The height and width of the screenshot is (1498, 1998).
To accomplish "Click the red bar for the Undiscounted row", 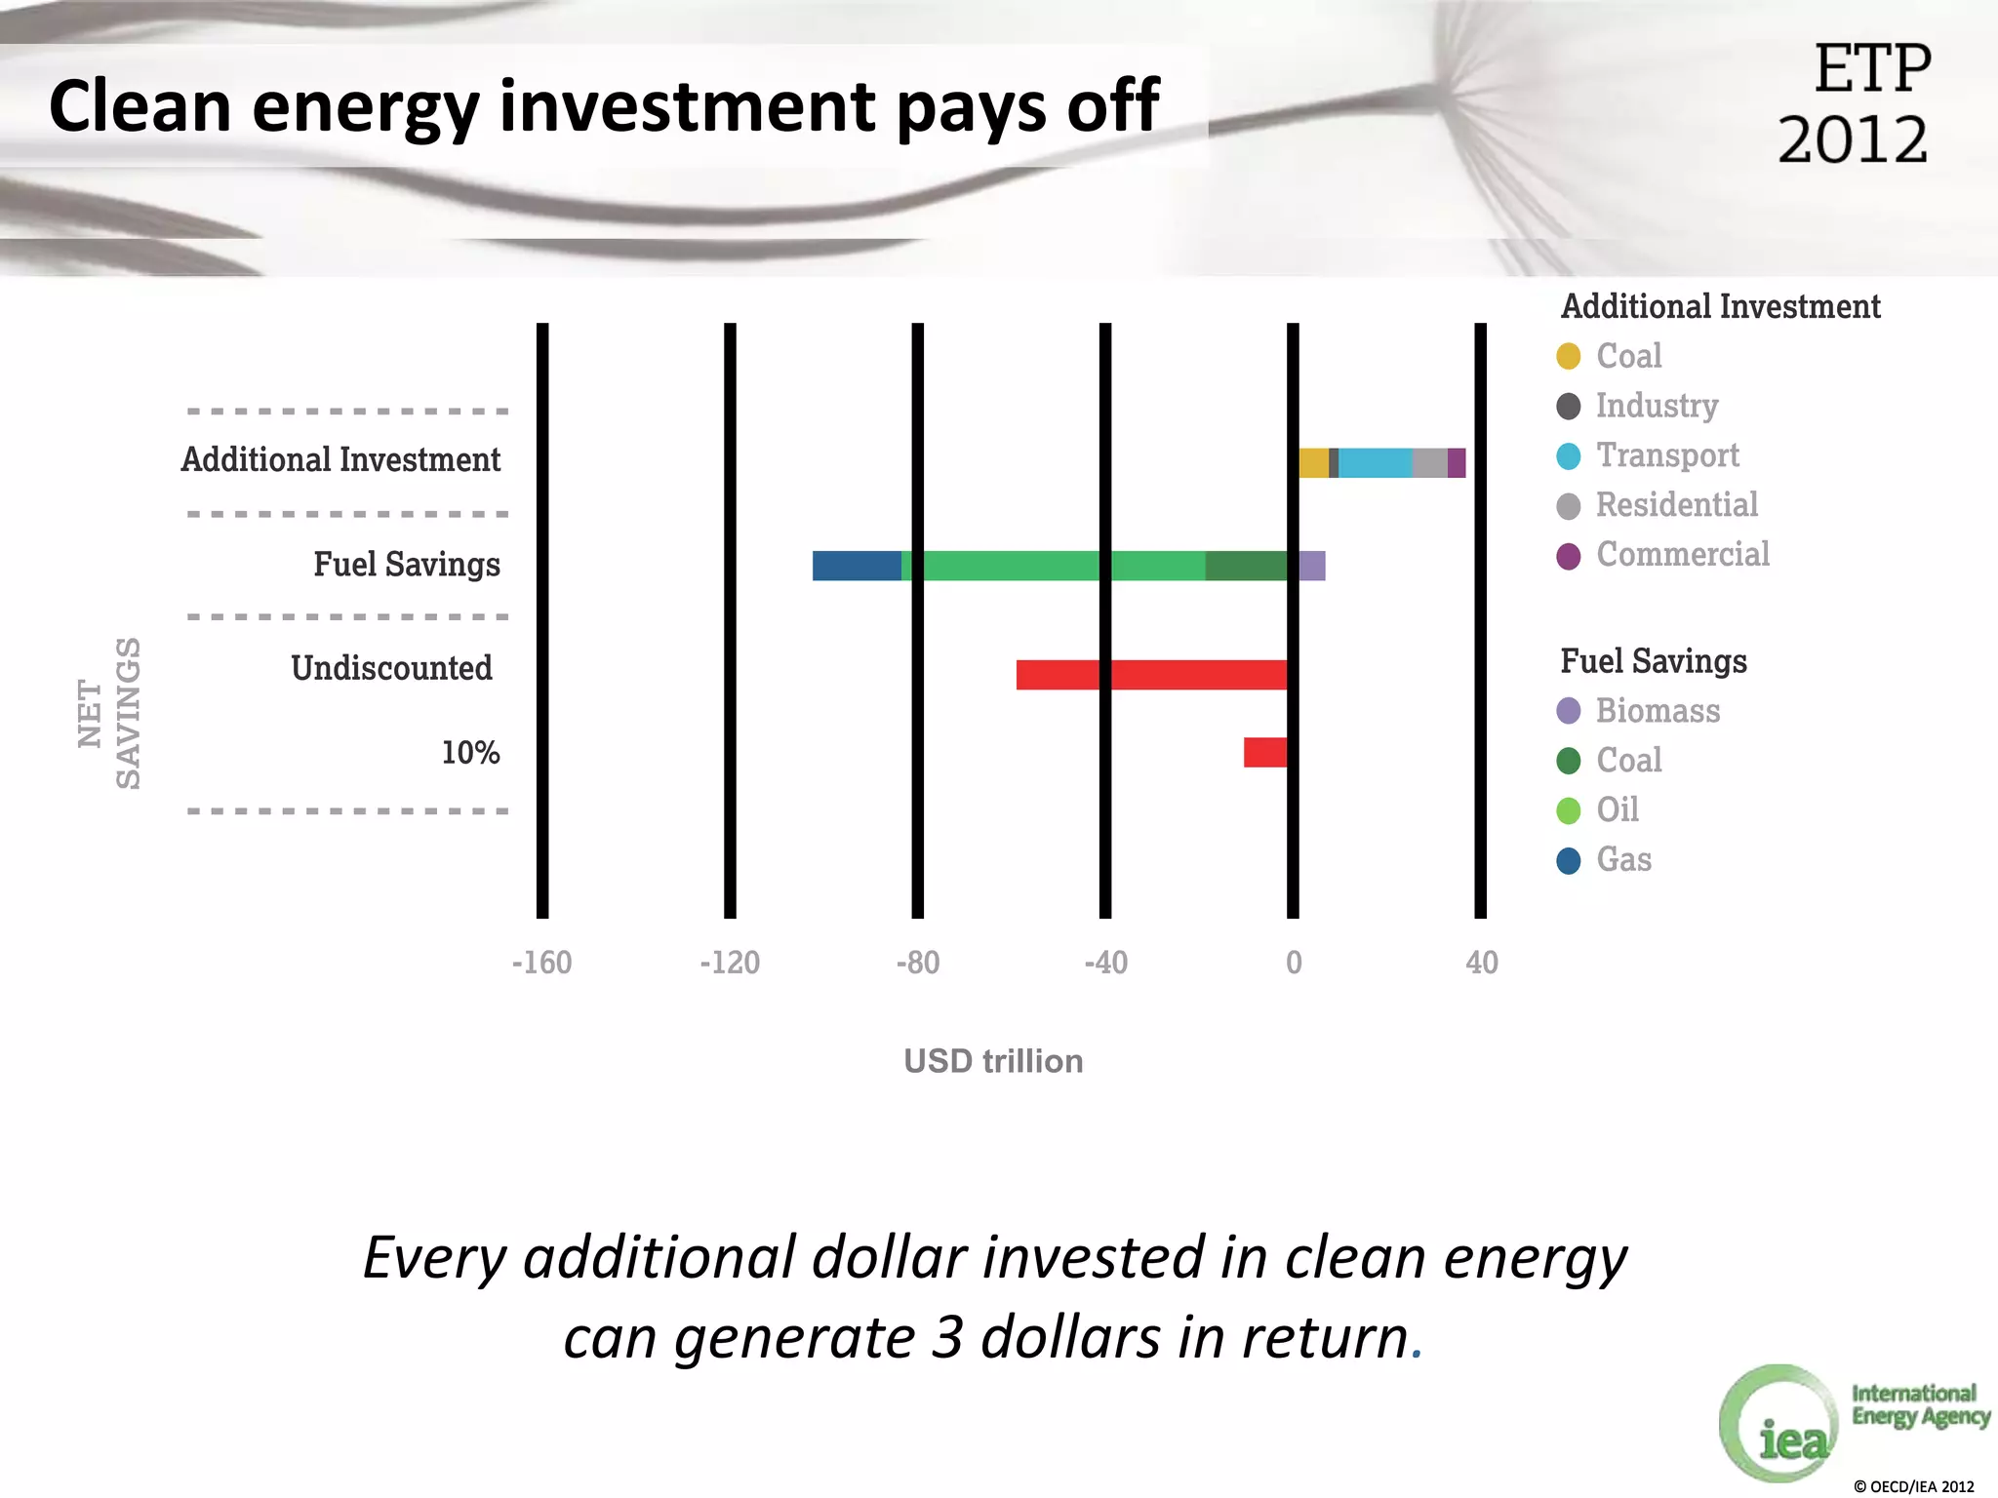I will [x=1151, y=675].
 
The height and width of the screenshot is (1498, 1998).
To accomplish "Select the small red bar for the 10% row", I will [x=1264, y=753].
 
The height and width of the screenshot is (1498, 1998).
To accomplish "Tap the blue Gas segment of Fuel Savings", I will [x=856, y=566].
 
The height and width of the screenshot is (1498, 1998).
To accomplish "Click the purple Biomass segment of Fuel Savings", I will [x=1312, y=566].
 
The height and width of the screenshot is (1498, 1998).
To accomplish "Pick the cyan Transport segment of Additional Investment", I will [x=1375, y=463].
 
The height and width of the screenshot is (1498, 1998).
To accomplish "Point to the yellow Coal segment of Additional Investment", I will [x=1313, y=463].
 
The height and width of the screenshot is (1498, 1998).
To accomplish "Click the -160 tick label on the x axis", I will [x=541, y=963].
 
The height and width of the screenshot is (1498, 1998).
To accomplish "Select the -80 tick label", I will [x=917, y=963].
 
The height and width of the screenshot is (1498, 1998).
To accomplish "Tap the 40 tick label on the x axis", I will [x=1481, y=963].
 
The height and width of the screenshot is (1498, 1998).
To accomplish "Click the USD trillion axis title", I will [x=993, y=1061].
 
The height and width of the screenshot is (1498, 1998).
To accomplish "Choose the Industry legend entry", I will [x=1657, y=406].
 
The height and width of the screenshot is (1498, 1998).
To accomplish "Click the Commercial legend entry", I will [x=1682, y=555].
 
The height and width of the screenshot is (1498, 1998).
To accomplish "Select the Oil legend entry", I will [x=1617, y=809].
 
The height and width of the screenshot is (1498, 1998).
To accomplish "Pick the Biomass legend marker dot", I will [x=1569, y=711].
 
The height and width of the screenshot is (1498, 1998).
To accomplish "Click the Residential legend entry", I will [x=1676, y=505].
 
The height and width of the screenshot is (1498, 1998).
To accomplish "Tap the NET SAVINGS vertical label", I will [x=109, y=714].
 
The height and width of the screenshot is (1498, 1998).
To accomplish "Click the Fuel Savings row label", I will [x=406, y=565].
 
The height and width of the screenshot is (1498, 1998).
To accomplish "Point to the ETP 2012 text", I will [x=1854, y=103].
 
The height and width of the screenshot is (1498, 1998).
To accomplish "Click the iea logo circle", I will [x=1779, y=1423].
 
